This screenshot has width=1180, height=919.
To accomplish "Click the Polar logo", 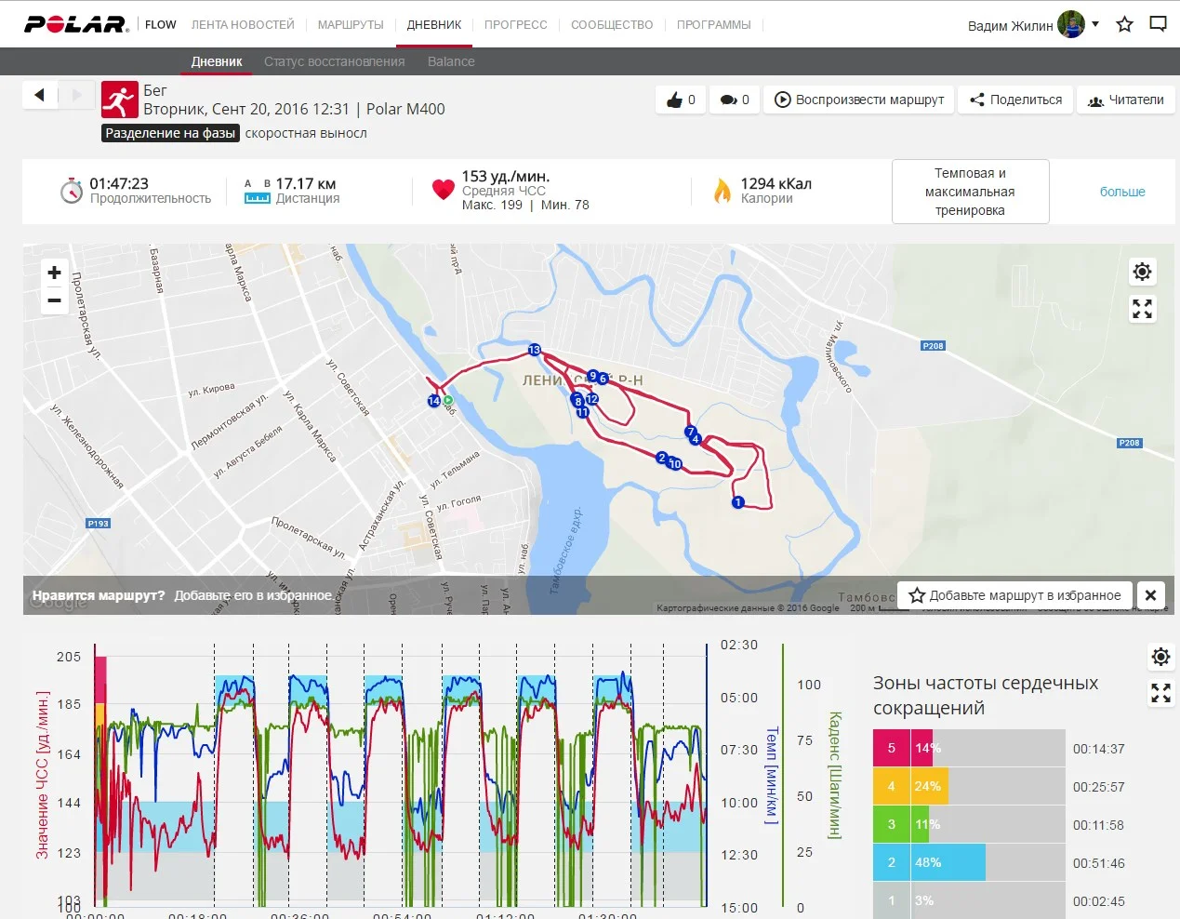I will tap(75, 24).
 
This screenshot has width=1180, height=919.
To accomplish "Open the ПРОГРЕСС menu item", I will tap(515, 25).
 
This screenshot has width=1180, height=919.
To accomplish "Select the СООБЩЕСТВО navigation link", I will tap(612, 25).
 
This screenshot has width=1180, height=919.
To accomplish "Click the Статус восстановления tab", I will tap(334, 61).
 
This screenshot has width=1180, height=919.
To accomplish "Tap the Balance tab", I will tap(451, 61).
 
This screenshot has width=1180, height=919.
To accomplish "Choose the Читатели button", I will tap(1125, 100).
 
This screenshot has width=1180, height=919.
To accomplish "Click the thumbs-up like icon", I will tap(675, 100).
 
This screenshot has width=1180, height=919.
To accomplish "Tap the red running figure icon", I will tap(119, 100).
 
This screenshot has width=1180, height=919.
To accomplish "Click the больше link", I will tap(1122, 192).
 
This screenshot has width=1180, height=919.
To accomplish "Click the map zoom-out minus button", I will tap(55, 300).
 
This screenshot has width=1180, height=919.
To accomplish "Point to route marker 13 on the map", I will tap(534, 350).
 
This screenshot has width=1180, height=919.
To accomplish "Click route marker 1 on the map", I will tap(737, 502).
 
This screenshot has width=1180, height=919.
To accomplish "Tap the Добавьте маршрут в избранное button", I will tap(1014, 595).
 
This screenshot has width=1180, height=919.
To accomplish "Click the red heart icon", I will tap(443, 190).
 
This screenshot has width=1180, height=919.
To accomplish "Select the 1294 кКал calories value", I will tap(776, 184).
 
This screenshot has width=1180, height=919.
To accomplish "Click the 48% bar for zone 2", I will tap(948, 862).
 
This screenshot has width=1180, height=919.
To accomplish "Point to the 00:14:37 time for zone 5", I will tap(1098, 749).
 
